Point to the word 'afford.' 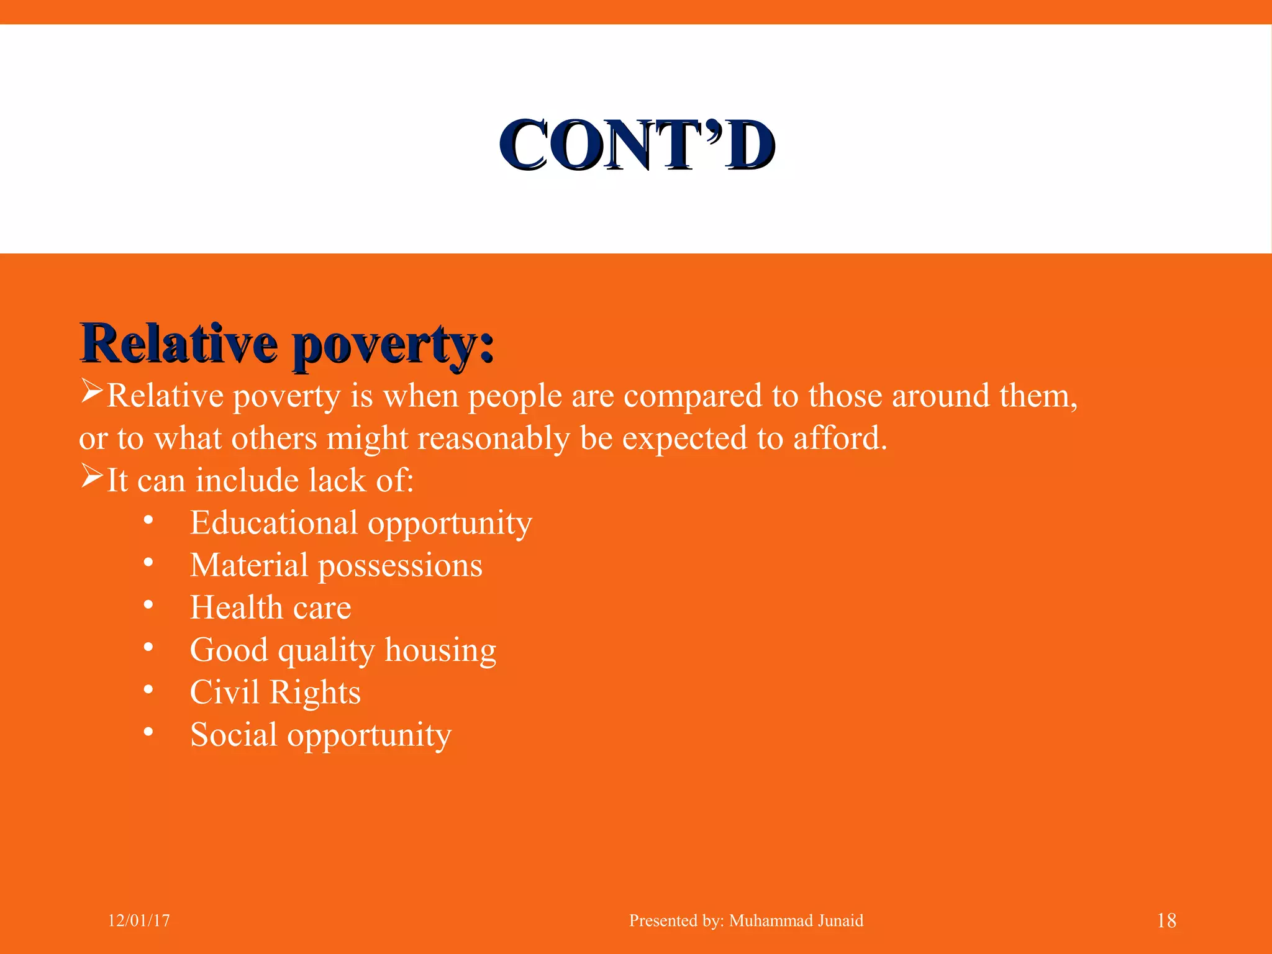[840, 438]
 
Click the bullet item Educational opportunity [360, 524]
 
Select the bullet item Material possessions [335, 566]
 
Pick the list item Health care [270, 608]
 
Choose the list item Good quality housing [343, 651]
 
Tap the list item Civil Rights [275, 693]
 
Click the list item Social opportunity [320, 735]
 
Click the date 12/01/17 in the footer [139, 920]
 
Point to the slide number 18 [1166, 920]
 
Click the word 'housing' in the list [440, 651]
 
